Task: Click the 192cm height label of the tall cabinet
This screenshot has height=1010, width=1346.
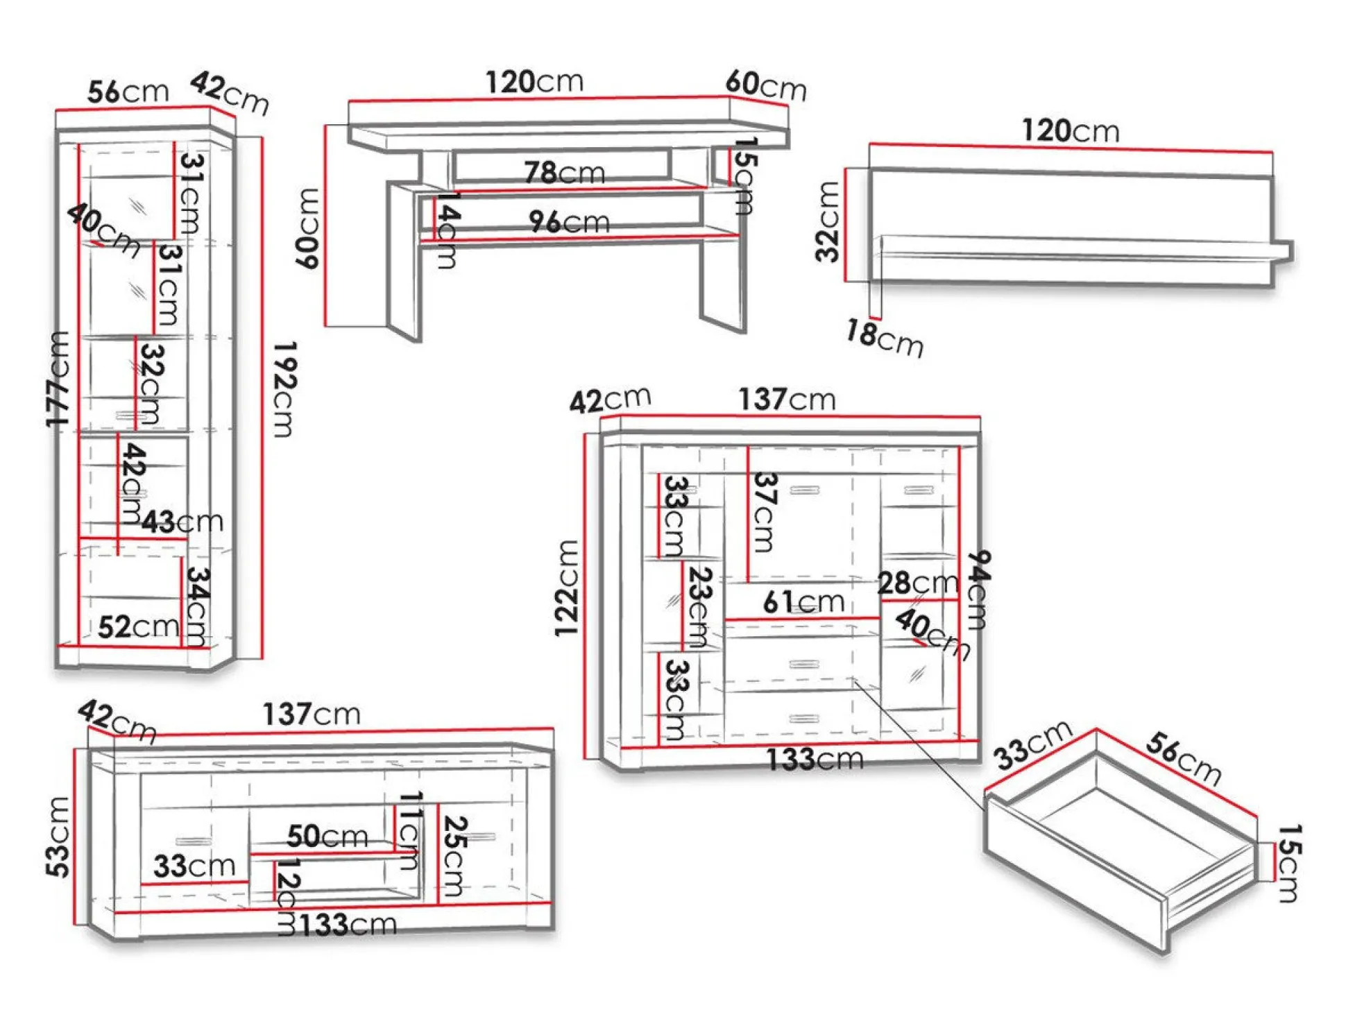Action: pos(285,389)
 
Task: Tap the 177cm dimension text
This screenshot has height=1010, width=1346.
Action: pos(58,379)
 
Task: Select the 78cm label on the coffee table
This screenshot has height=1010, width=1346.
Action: pos(564,172)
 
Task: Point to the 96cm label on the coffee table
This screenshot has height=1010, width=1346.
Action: pos(569,221)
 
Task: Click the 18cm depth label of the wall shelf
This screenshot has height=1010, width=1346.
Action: pos(885,338)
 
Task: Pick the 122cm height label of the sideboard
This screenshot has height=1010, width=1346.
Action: pos(566,588)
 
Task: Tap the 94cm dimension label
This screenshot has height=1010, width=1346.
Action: pos(978,590)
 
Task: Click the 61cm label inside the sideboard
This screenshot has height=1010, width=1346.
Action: pos(803,601)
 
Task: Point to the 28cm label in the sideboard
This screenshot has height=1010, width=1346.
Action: pos(917,583)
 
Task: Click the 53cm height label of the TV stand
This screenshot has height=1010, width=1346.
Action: pos(58,837)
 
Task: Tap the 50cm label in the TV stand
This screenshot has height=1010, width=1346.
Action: pos(327,836)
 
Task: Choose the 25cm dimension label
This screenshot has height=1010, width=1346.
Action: pos(455,856)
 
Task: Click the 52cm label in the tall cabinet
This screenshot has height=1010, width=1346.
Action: pos(138,627)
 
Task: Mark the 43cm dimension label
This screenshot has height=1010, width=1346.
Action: pos(182,522)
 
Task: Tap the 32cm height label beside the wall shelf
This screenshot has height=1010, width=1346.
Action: pos(828,222)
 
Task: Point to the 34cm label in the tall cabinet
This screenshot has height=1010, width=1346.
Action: pos(198,606)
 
